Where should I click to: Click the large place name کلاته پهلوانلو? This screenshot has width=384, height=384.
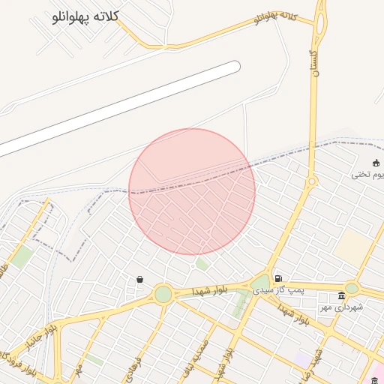(x=87, y=18)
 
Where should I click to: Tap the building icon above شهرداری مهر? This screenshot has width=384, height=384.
(x=342, y=295)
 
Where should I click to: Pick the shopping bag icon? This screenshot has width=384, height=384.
(x=140, y=279)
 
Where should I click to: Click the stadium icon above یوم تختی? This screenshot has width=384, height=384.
(x=376, y=163)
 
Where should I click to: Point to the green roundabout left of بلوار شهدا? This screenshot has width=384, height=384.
(x=163, y=294)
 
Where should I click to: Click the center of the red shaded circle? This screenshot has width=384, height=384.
(x=192, y=191)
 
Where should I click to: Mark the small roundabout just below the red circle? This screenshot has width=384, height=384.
(x=193, y=265)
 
